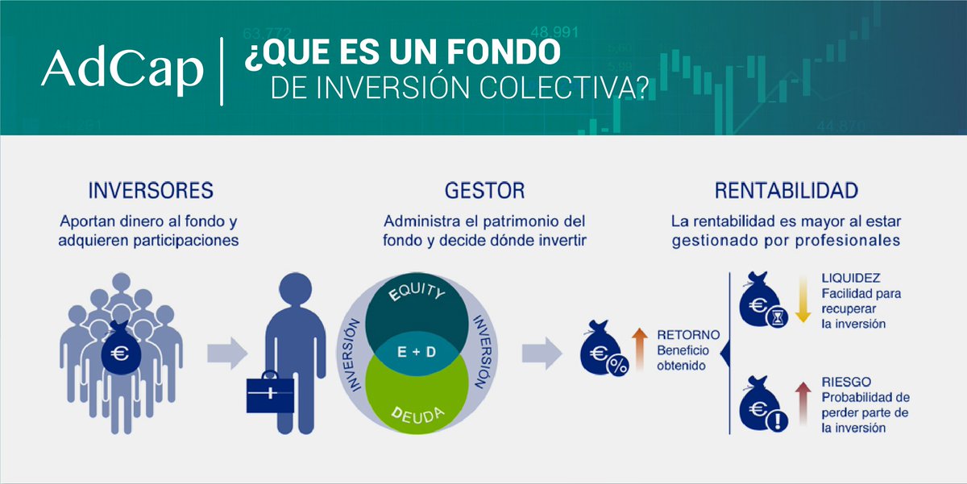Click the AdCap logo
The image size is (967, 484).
pyautogui.click(x=122, y=71)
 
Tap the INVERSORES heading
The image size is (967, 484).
pyautogui.click(x=150, y=191)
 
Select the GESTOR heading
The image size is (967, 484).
pyautogui.click(x=484, y=191)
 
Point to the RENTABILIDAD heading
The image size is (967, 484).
pyautogui.click(x=786, y=191)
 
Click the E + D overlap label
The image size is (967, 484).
pyautogui.click(x=417, y=353)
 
